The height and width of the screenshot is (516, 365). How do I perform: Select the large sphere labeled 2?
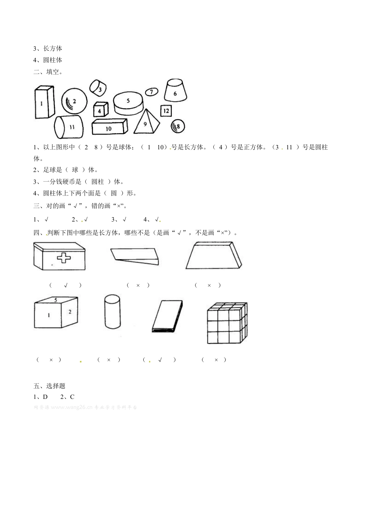tap(74, 101)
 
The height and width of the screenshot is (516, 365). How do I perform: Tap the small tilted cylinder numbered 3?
tap(99, 88)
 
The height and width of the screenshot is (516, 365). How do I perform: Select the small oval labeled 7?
tap(151, 92)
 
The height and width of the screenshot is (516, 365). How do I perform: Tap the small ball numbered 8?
tap(178, 126)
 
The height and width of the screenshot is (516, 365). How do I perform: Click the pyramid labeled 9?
tap(146, 122)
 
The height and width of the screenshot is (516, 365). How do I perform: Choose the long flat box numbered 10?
tap(109, 127)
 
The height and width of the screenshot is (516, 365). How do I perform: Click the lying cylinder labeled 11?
tap(69, 127)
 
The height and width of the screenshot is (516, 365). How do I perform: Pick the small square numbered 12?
tap(166, 111)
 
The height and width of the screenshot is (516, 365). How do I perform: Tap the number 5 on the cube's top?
tap(56, 300)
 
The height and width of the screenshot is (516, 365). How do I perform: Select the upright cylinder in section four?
tap(112, 311)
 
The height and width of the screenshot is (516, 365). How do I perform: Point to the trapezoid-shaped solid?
tap(214, 256)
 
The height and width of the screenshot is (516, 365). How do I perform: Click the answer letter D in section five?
tap(45, 397)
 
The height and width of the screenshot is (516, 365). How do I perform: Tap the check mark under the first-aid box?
tap(66, 285)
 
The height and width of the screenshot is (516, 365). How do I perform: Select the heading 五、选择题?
tap(49, 386)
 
